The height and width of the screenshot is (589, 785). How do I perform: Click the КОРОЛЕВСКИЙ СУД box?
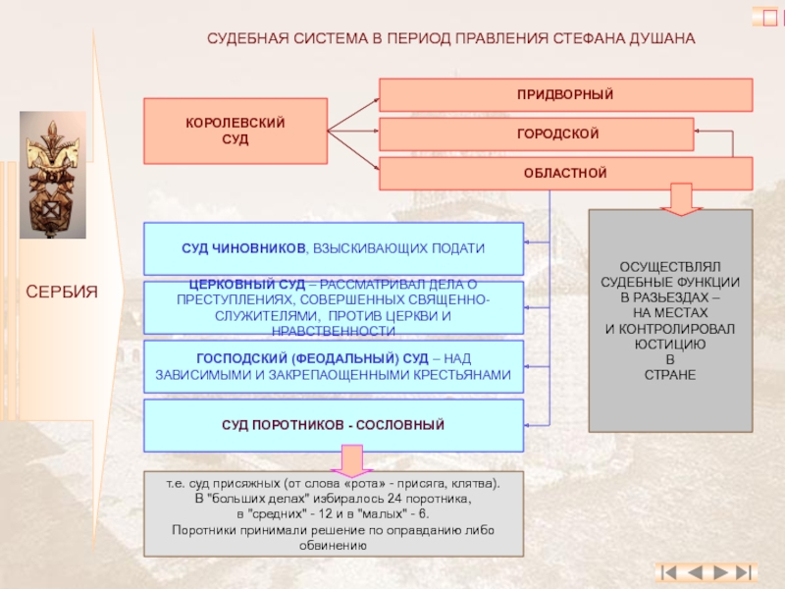(x=235, y=130)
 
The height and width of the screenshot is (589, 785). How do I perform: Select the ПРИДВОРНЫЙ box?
(x=565, y=95)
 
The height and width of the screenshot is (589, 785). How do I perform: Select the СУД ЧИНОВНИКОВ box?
(x=334, y=248)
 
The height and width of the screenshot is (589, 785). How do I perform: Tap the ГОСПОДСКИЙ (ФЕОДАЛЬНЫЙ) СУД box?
(x=334, y=366)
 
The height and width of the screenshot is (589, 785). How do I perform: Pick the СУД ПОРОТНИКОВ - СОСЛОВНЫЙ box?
(x=334, y=425)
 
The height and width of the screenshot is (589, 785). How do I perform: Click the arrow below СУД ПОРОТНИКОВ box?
(x=350, y=459)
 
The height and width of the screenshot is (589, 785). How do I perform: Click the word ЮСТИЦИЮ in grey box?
(x=670, y=345)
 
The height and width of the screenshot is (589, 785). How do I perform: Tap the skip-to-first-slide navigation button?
(x=669, y=570)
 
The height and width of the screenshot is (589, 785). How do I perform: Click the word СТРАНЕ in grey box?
(x=670, y=374)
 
